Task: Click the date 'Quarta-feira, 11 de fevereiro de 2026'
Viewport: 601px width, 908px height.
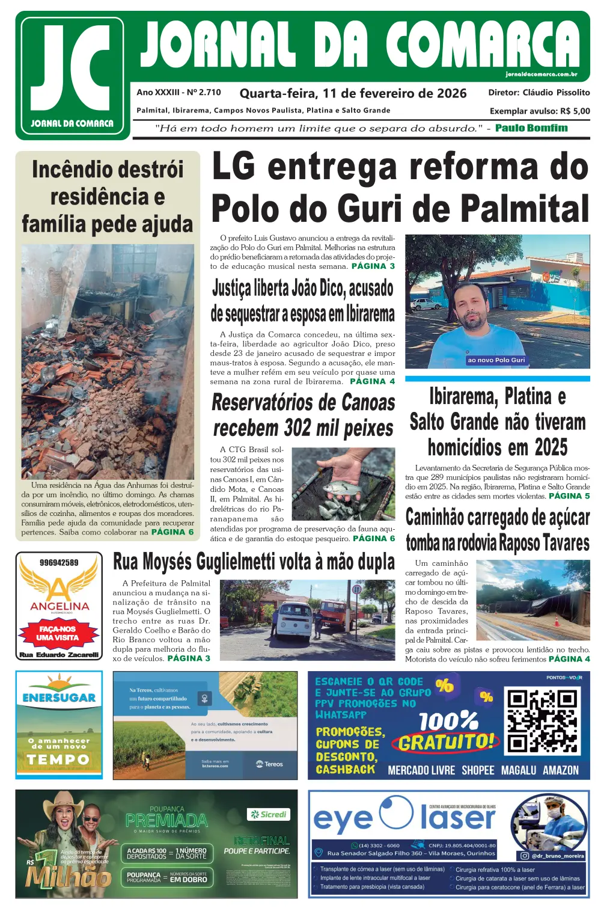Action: pos(353,93)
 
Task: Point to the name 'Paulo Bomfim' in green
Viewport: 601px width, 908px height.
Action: pos(531,128)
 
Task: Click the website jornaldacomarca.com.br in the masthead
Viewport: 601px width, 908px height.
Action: pos(541,75)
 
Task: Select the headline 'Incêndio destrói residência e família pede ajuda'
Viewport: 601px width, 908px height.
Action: pos(108,197)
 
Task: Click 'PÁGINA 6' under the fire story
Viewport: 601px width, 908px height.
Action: pos(172,532)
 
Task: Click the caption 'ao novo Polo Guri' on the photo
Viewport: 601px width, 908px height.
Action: pos(496,360)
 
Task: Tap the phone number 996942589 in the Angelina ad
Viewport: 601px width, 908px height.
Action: pos(59,563)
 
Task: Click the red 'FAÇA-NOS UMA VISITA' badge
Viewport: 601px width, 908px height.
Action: pos(58,633)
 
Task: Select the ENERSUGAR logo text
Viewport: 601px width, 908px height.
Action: pos(59,698)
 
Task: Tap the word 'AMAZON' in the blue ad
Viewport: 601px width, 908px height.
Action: pos(561,770)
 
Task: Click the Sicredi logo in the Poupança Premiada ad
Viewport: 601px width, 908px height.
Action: pos(269,815)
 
